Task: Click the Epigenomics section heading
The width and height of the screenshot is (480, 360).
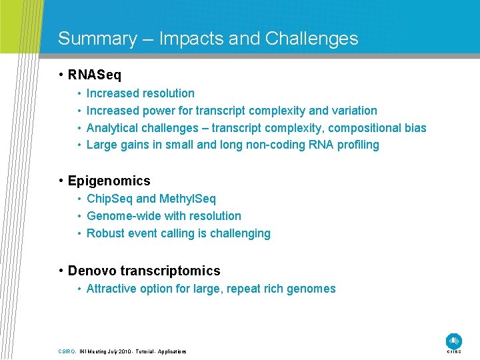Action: tap(109, 181)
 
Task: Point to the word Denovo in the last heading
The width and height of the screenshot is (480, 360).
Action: tap(91, 271)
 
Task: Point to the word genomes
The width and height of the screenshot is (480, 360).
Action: tap(312, 289)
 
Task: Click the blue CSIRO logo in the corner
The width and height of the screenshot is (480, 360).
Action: tap(454, 341)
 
